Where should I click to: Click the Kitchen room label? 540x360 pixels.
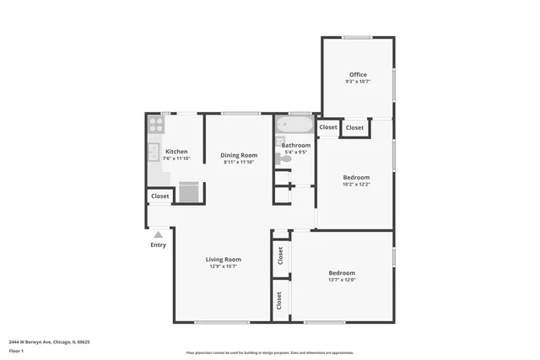(176, 152)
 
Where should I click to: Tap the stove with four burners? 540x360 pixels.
(156, 126)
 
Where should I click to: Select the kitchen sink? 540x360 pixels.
(154, 153)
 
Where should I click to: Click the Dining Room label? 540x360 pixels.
(239, 155)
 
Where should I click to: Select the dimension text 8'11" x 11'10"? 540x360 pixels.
(239, 162)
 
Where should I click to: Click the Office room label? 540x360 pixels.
(358, 75)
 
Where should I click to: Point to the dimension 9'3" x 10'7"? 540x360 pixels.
(358, 82)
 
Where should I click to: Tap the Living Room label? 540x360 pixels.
(224, 260)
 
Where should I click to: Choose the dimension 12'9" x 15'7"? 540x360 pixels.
(224, 266)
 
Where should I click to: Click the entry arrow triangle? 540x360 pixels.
(158, 234)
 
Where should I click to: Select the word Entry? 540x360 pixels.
(158, 245)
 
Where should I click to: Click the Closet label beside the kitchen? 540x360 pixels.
(159, 196)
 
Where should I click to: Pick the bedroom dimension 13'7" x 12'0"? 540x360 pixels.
(342, 280)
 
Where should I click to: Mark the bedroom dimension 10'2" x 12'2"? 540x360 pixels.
(356, 185)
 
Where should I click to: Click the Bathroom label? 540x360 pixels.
(296, 145)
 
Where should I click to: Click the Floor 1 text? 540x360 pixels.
(16, 351)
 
